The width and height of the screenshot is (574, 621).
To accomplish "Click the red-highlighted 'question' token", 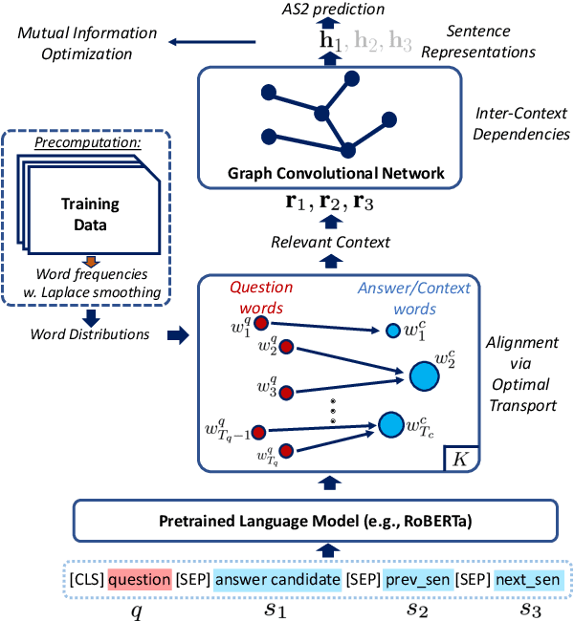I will tap(139, 578).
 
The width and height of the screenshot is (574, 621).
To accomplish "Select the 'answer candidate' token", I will tap(278, 578).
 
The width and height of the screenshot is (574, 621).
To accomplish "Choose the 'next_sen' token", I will tap(527, 578).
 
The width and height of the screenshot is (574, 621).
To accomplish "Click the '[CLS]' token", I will tap(85, 578).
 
